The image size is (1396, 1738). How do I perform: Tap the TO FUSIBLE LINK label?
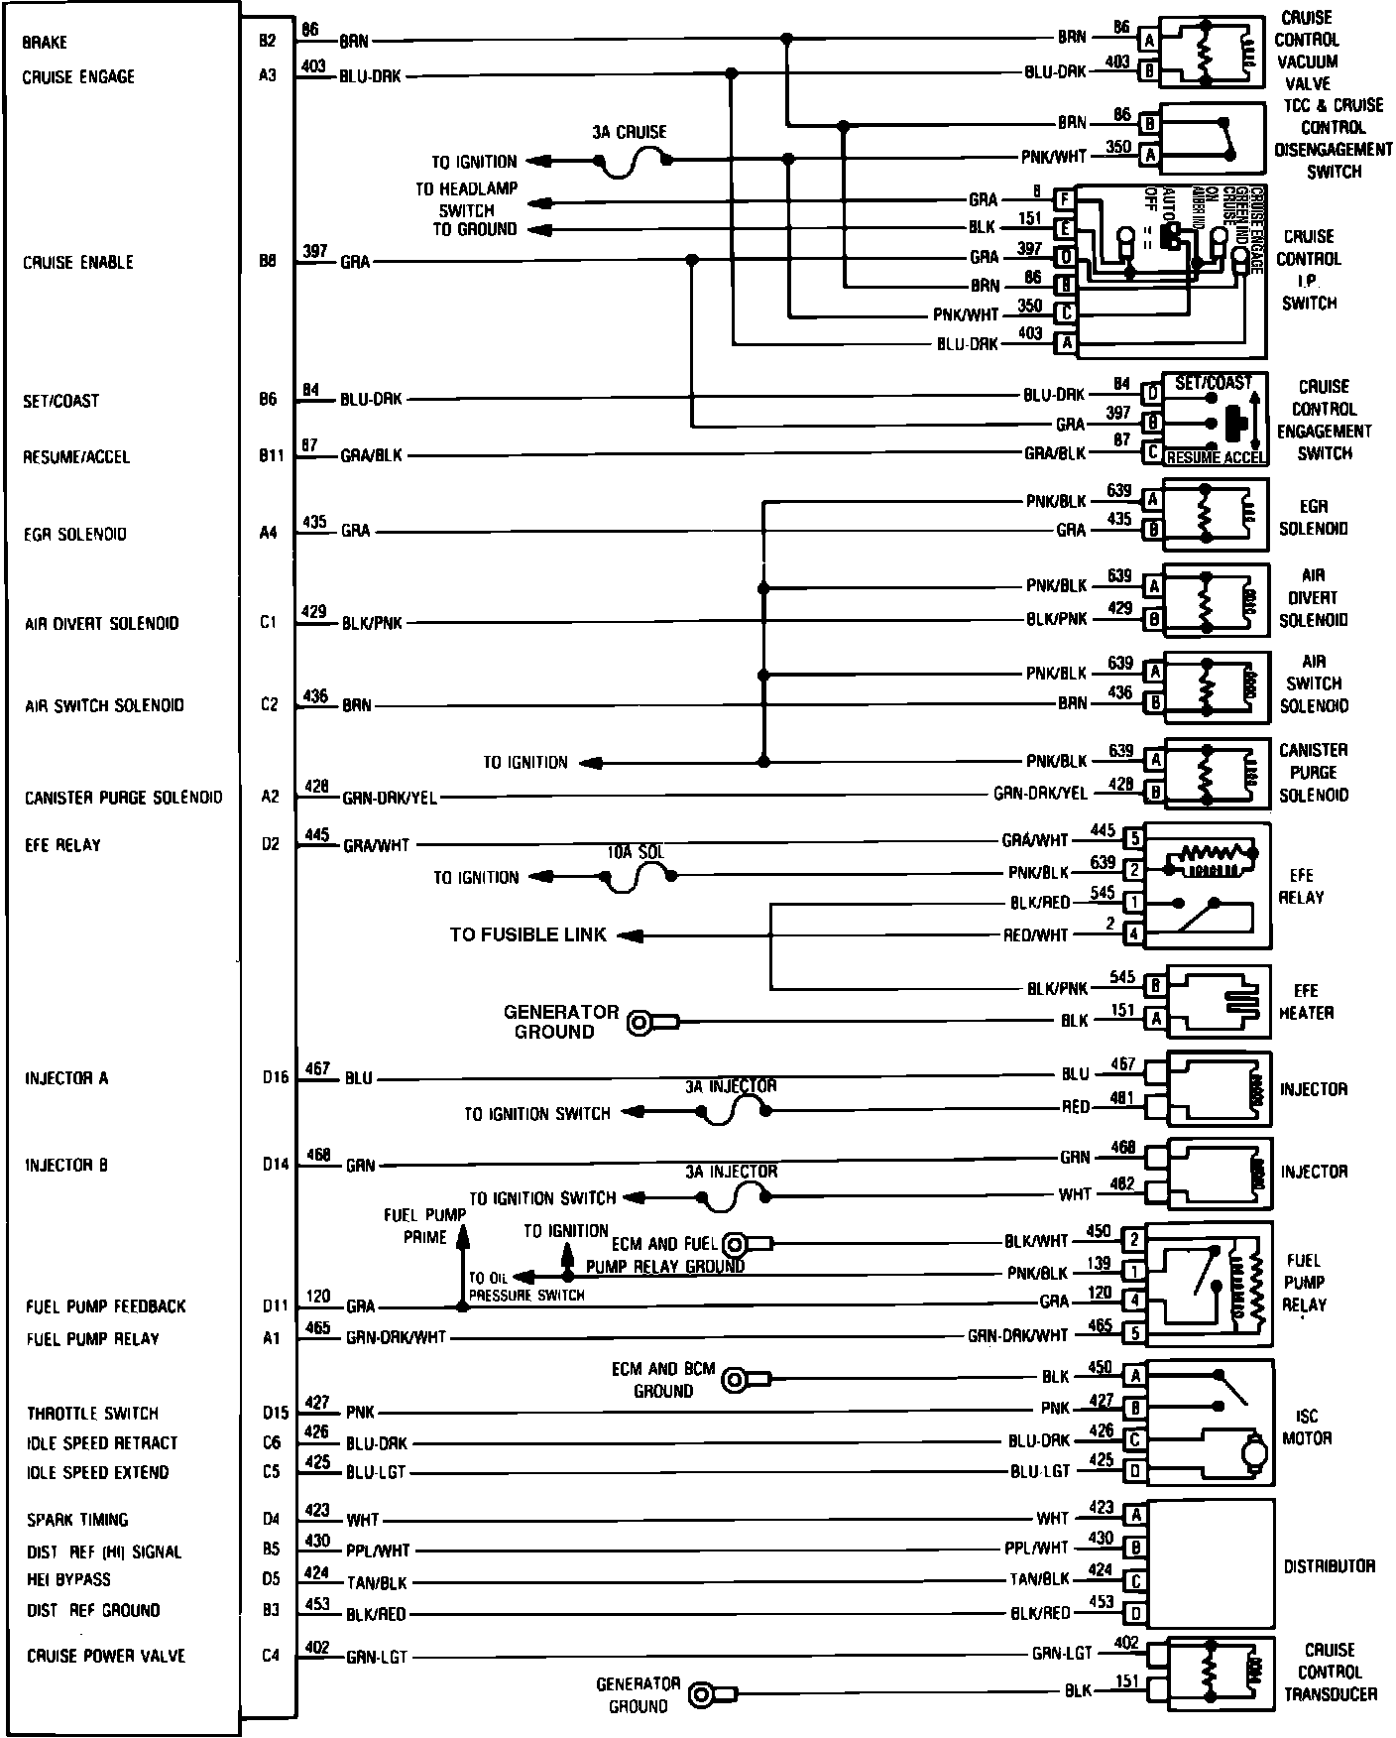[x=527, y=934]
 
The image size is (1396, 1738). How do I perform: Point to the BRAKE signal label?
[x=44, y=43]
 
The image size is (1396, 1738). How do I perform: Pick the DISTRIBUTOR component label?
[x=1329, y=1566]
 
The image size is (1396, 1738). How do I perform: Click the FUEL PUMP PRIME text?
[x=425, y=1225]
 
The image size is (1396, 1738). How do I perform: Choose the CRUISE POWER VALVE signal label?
[x=106, y=1656]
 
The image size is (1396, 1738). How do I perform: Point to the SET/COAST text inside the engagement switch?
[x=1212, y=383]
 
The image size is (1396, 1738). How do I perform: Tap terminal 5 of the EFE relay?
[x=1134, y=839]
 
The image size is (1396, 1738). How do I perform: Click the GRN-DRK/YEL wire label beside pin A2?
[x=390, y=798]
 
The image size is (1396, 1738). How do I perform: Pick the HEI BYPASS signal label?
[x=68, y=1579]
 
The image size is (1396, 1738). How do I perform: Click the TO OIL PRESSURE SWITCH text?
[x=526, y=1287]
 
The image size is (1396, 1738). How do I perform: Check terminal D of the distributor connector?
[x=1136, y=1614]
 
